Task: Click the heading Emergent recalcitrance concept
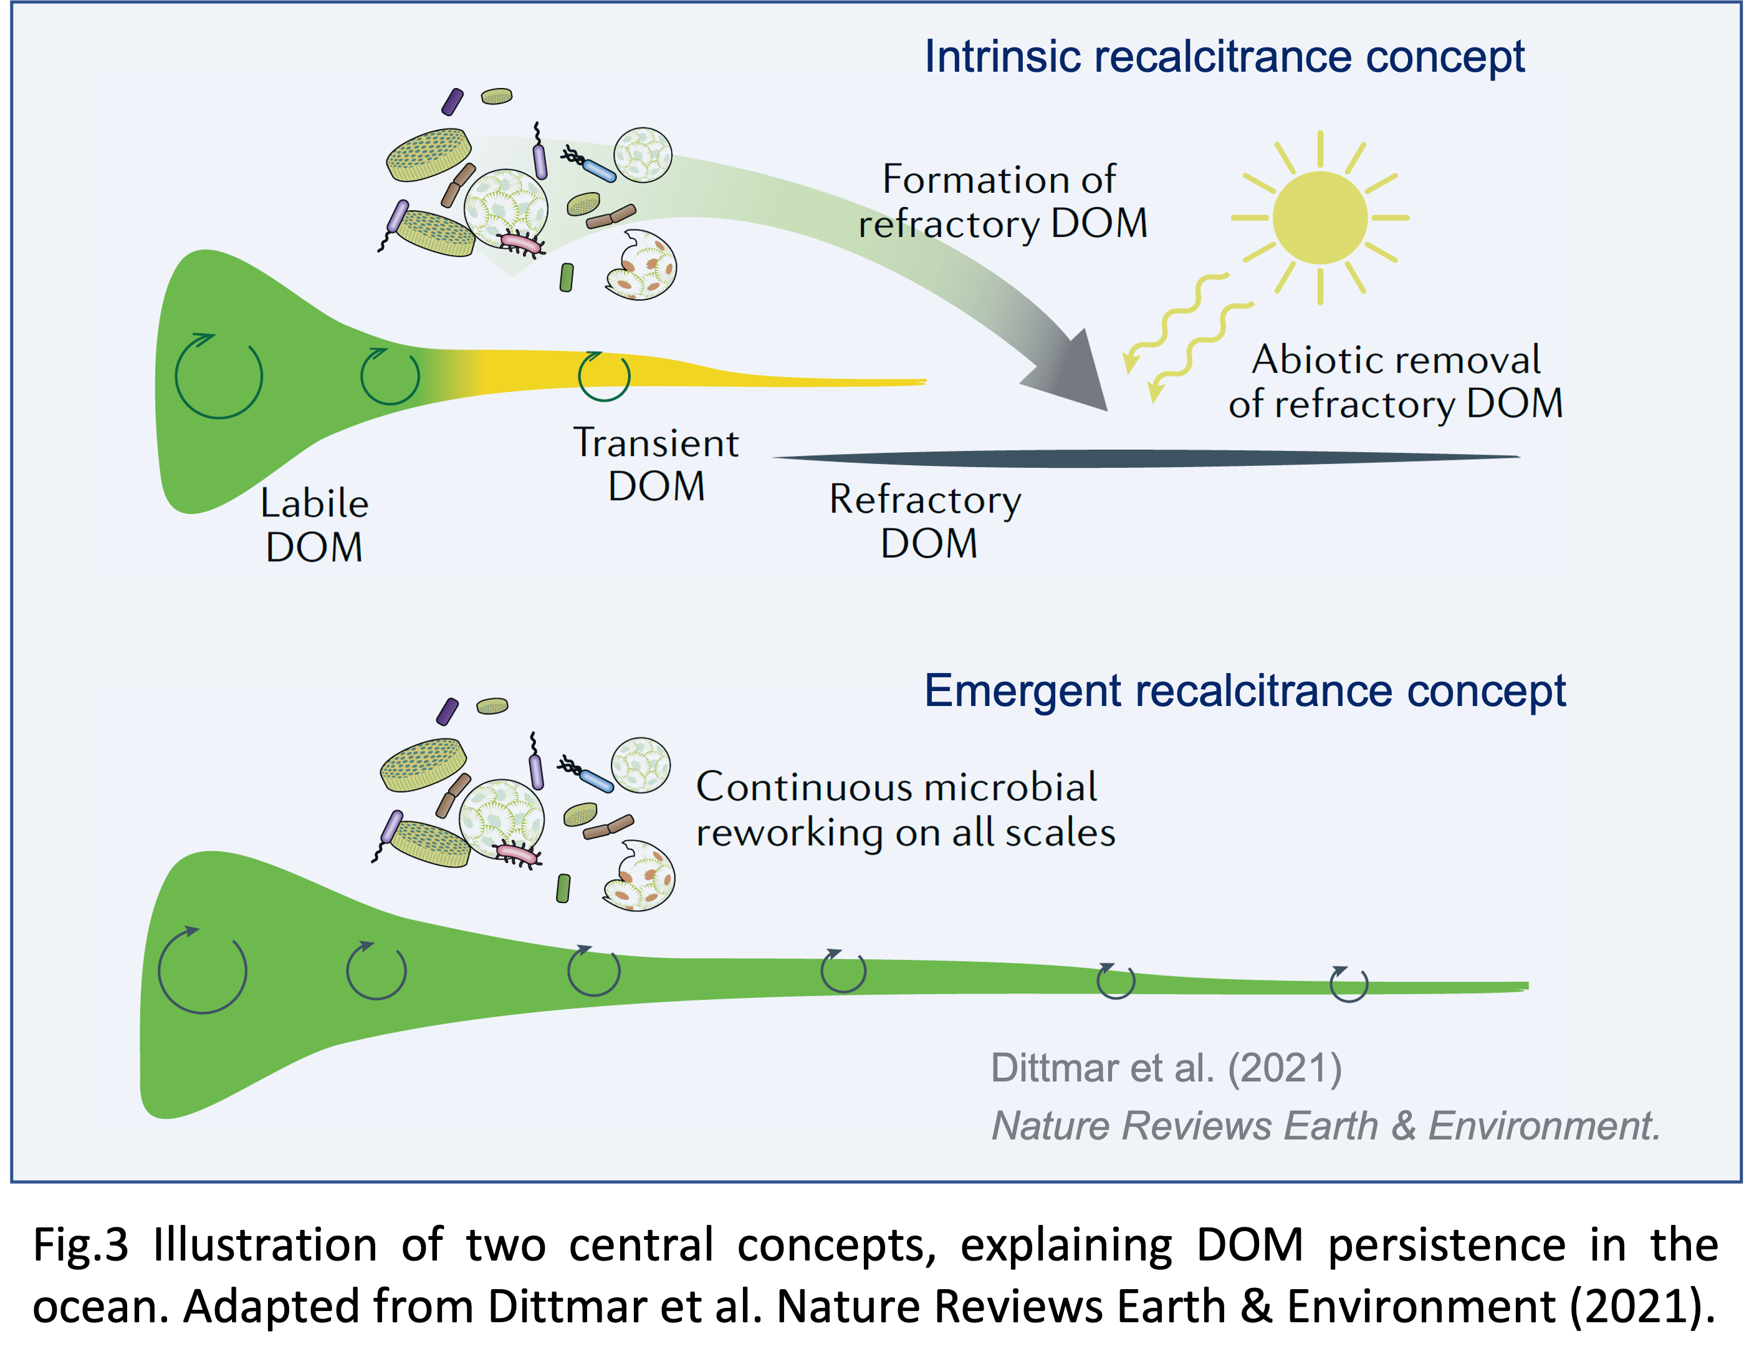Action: (1244, 690)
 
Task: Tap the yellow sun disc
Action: (1320, 218)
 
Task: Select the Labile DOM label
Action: (314, 525)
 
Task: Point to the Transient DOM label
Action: (656, 465)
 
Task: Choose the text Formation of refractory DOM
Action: (1002, 201)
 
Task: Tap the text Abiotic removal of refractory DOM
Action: (1395, 381)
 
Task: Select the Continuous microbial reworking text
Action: (904, 808)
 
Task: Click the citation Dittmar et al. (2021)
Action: (1166, 1068)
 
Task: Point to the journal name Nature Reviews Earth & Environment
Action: (1325, 1125)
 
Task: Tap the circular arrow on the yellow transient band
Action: (604, 375)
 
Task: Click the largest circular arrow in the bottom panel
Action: (203, 970)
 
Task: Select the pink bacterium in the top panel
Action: (519, 241)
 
